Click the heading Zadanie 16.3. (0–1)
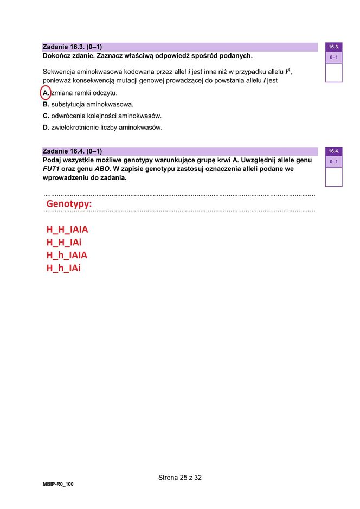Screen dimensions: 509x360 72,47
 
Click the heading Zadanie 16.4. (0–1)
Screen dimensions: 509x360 72,151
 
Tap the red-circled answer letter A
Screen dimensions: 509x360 46,93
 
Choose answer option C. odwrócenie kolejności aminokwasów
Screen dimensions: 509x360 102,116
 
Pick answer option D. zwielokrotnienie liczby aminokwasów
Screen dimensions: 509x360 102,128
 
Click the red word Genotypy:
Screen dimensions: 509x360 69,204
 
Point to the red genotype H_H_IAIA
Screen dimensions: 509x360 67,230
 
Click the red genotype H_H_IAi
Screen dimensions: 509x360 63,242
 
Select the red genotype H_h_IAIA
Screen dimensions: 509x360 67,255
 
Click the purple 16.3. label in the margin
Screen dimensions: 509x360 333,47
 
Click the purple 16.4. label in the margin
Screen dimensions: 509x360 333,151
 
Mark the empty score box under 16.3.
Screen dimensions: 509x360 333,73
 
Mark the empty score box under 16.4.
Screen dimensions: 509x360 333,177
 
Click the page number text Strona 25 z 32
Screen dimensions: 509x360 180,478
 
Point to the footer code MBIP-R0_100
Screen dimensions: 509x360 58,484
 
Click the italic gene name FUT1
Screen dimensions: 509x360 51,169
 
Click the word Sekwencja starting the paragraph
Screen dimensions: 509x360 60,72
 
